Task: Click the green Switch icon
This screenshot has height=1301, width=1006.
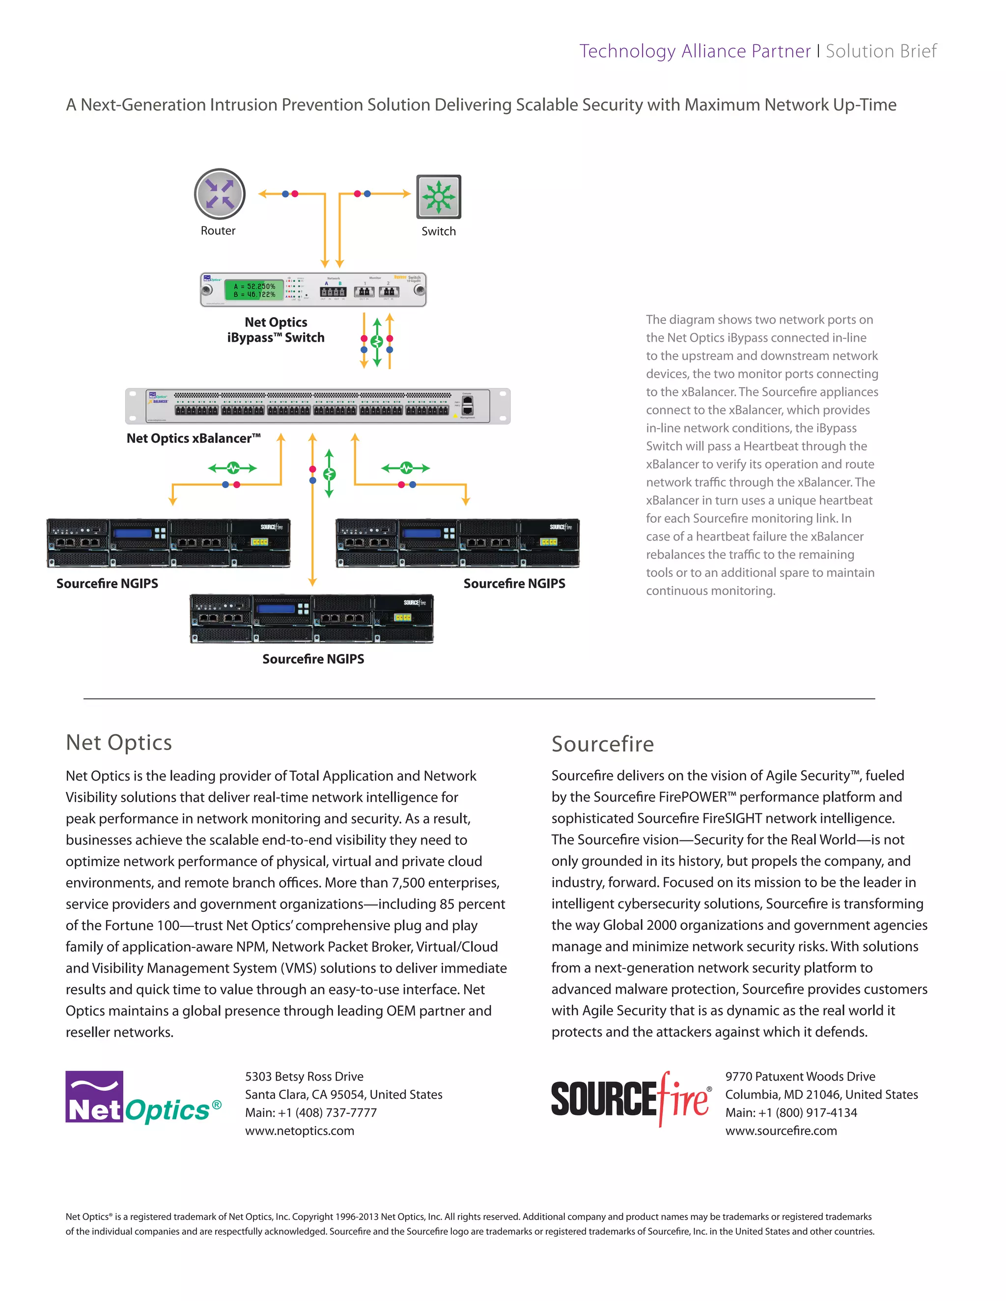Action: pos(439,196)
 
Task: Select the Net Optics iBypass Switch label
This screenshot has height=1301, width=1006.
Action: pos(276,329)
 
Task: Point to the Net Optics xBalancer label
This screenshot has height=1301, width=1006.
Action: pos(193,438)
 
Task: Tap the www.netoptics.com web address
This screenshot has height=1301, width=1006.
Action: pos(299,1131)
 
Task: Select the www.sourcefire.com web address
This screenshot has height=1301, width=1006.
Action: pos(781,1131)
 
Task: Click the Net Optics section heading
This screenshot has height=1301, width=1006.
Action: pos(118,742)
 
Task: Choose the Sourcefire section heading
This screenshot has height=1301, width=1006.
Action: pos(603,743)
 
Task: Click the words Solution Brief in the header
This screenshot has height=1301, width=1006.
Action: pos(881,51)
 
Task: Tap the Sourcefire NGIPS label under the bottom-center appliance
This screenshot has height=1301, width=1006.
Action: pos(313,659)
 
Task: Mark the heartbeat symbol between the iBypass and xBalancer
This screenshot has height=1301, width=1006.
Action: pos(377,341)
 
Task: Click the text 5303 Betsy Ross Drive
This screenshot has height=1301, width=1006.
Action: pos(304,1077)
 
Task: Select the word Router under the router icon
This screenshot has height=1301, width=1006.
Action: pos(218,231)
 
